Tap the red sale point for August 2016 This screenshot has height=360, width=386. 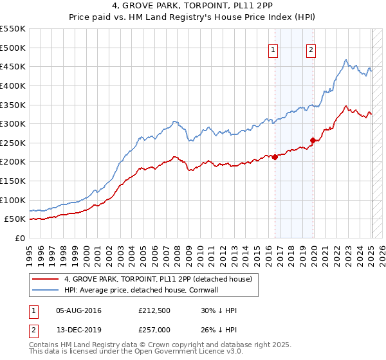click(x=275, y=156)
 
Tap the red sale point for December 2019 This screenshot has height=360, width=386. click(x=313, y=140)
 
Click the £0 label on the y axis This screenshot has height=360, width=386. click(x=19, y=238)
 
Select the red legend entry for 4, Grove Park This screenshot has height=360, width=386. click(x=161, y=279)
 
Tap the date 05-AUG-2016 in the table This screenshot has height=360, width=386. click(x=79, y=310)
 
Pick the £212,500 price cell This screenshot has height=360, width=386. click(x=154, y=310)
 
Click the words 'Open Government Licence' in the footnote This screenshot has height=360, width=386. click(x=187, y=353)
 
